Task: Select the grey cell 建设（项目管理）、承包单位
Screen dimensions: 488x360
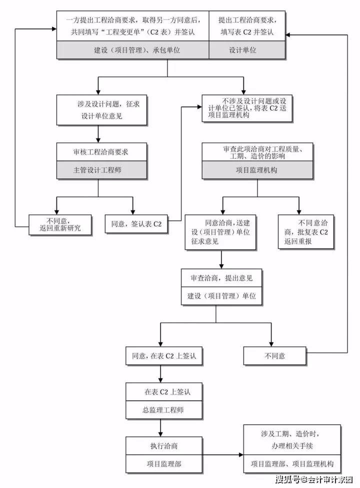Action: [132, 50]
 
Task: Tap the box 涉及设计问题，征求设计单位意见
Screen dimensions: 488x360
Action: [101, 109]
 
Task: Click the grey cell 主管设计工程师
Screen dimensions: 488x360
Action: [101, 170]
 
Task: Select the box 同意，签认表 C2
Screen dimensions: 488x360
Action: [136, 224]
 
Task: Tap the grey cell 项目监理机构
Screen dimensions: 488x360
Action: [257, 170]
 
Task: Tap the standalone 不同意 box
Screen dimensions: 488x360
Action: [274, 356]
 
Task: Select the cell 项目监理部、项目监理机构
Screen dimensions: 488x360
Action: [291, 463]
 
